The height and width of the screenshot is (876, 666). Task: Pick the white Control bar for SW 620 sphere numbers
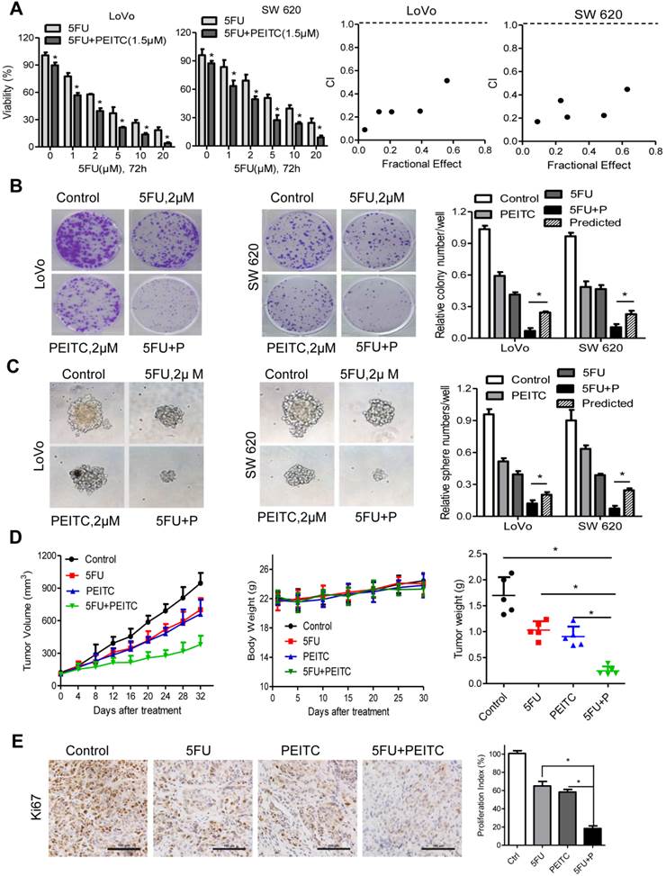pyautogui.click(x=570, y=468)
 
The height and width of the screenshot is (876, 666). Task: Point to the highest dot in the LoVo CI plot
pyautogui.click(x=446, y=81)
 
